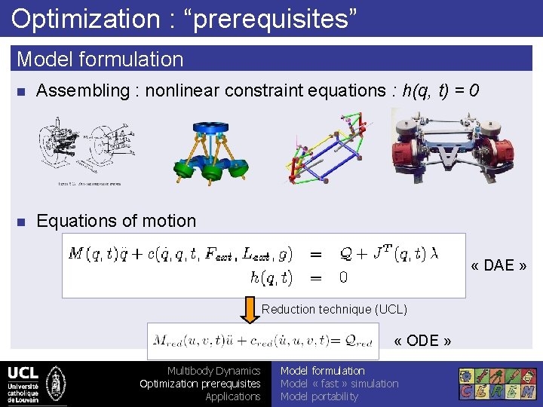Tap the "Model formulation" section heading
point(100,59)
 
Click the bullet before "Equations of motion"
point(21,222)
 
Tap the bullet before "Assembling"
point(21,91)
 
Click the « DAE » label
point(499,265)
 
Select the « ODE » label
point(422,341)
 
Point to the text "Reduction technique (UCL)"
point(334,309)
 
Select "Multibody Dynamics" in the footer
point(213,371)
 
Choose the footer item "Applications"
point(233,396)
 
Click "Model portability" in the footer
point(319,396)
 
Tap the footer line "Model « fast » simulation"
point(339,384)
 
